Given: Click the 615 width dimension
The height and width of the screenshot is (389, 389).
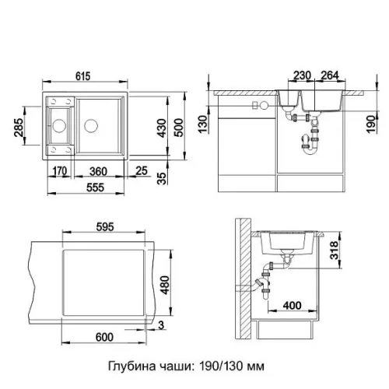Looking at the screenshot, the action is [83, 76].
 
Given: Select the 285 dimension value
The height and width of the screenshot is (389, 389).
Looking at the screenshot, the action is [19, 128].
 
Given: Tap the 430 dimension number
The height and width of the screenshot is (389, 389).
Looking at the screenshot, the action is [162, 128].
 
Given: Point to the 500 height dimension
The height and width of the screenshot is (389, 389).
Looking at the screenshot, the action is [178, 128].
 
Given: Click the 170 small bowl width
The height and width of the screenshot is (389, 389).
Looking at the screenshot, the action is [60, 171].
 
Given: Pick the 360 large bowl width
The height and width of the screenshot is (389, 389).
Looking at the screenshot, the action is [98, 171].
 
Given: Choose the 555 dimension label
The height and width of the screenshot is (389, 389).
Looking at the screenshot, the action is [95, 187].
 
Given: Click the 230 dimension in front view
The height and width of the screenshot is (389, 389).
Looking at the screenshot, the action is [302, 75].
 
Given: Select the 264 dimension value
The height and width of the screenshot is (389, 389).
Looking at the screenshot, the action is [330, 75].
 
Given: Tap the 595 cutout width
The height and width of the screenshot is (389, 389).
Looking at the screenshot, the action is [105, 227].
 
